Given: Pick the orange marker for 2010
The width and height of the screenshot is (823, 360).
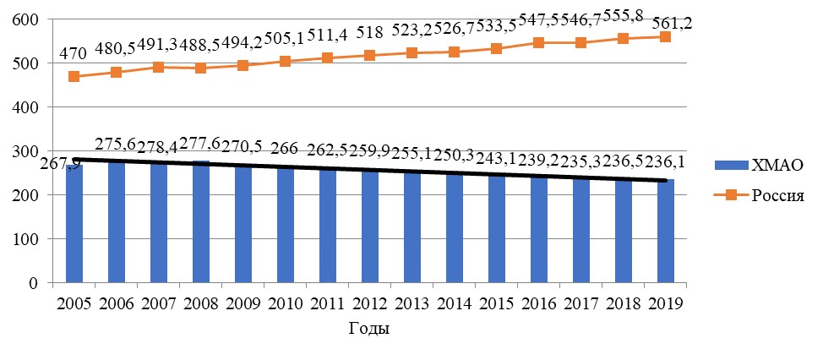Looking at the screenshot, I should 285,61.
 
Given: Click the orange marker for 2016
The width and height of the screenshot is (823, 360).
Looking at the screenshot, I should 538,42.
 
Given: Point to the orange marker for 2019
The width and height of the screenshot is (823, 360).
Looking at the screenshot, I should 665,36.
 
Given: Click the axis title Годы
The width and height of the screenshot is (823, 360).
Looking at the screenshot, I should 369,327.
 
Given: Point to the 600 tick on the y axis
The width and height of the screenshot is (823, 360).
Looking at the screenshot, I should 32,19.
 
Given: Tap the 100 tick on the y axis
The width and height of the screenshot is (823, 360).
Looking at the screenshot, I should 32,239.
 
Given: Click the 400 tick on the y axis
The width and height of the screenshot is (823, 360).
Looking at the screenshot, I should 32,107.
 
